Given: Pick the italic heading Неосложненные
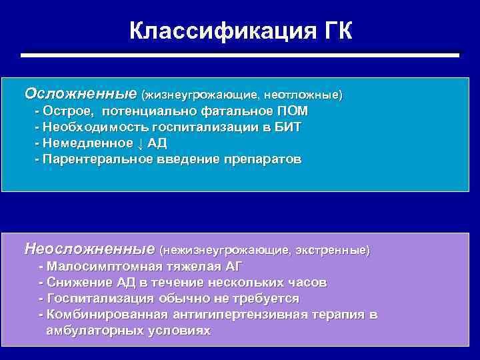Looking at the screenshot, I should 90,249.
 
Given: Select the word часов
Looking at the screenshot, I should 304,283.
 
